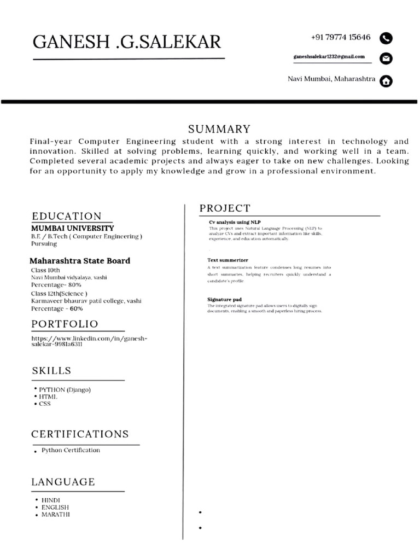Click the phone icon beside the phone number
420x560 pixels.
386,38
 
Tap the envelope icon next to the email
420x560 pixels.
386,59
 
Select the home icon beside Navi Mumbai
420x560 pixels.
386,81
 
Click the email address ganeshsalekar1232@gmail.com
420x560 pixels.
329,57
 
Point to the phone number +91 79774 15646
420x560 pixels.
340,38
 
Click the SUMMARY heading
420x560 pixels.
219,130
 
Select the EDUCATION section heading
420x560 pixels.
67,216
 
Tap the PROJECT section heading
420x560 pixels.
225,208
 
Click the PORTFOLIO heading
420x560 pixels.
65,324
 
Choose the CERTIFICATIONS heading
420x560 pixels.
80,434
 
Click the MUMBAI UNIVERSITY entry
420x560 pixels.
72,228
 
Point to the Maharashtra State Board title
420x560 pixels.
80,261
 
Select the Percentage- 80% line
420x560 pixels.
56,285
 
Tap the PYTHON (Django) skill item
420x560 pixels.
65,390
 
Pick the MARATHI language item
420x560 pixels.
56,515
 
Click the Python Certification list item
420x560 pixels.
71,451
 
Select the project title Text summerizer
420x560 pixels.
227,260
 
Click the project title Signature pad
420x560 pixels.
224,300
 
